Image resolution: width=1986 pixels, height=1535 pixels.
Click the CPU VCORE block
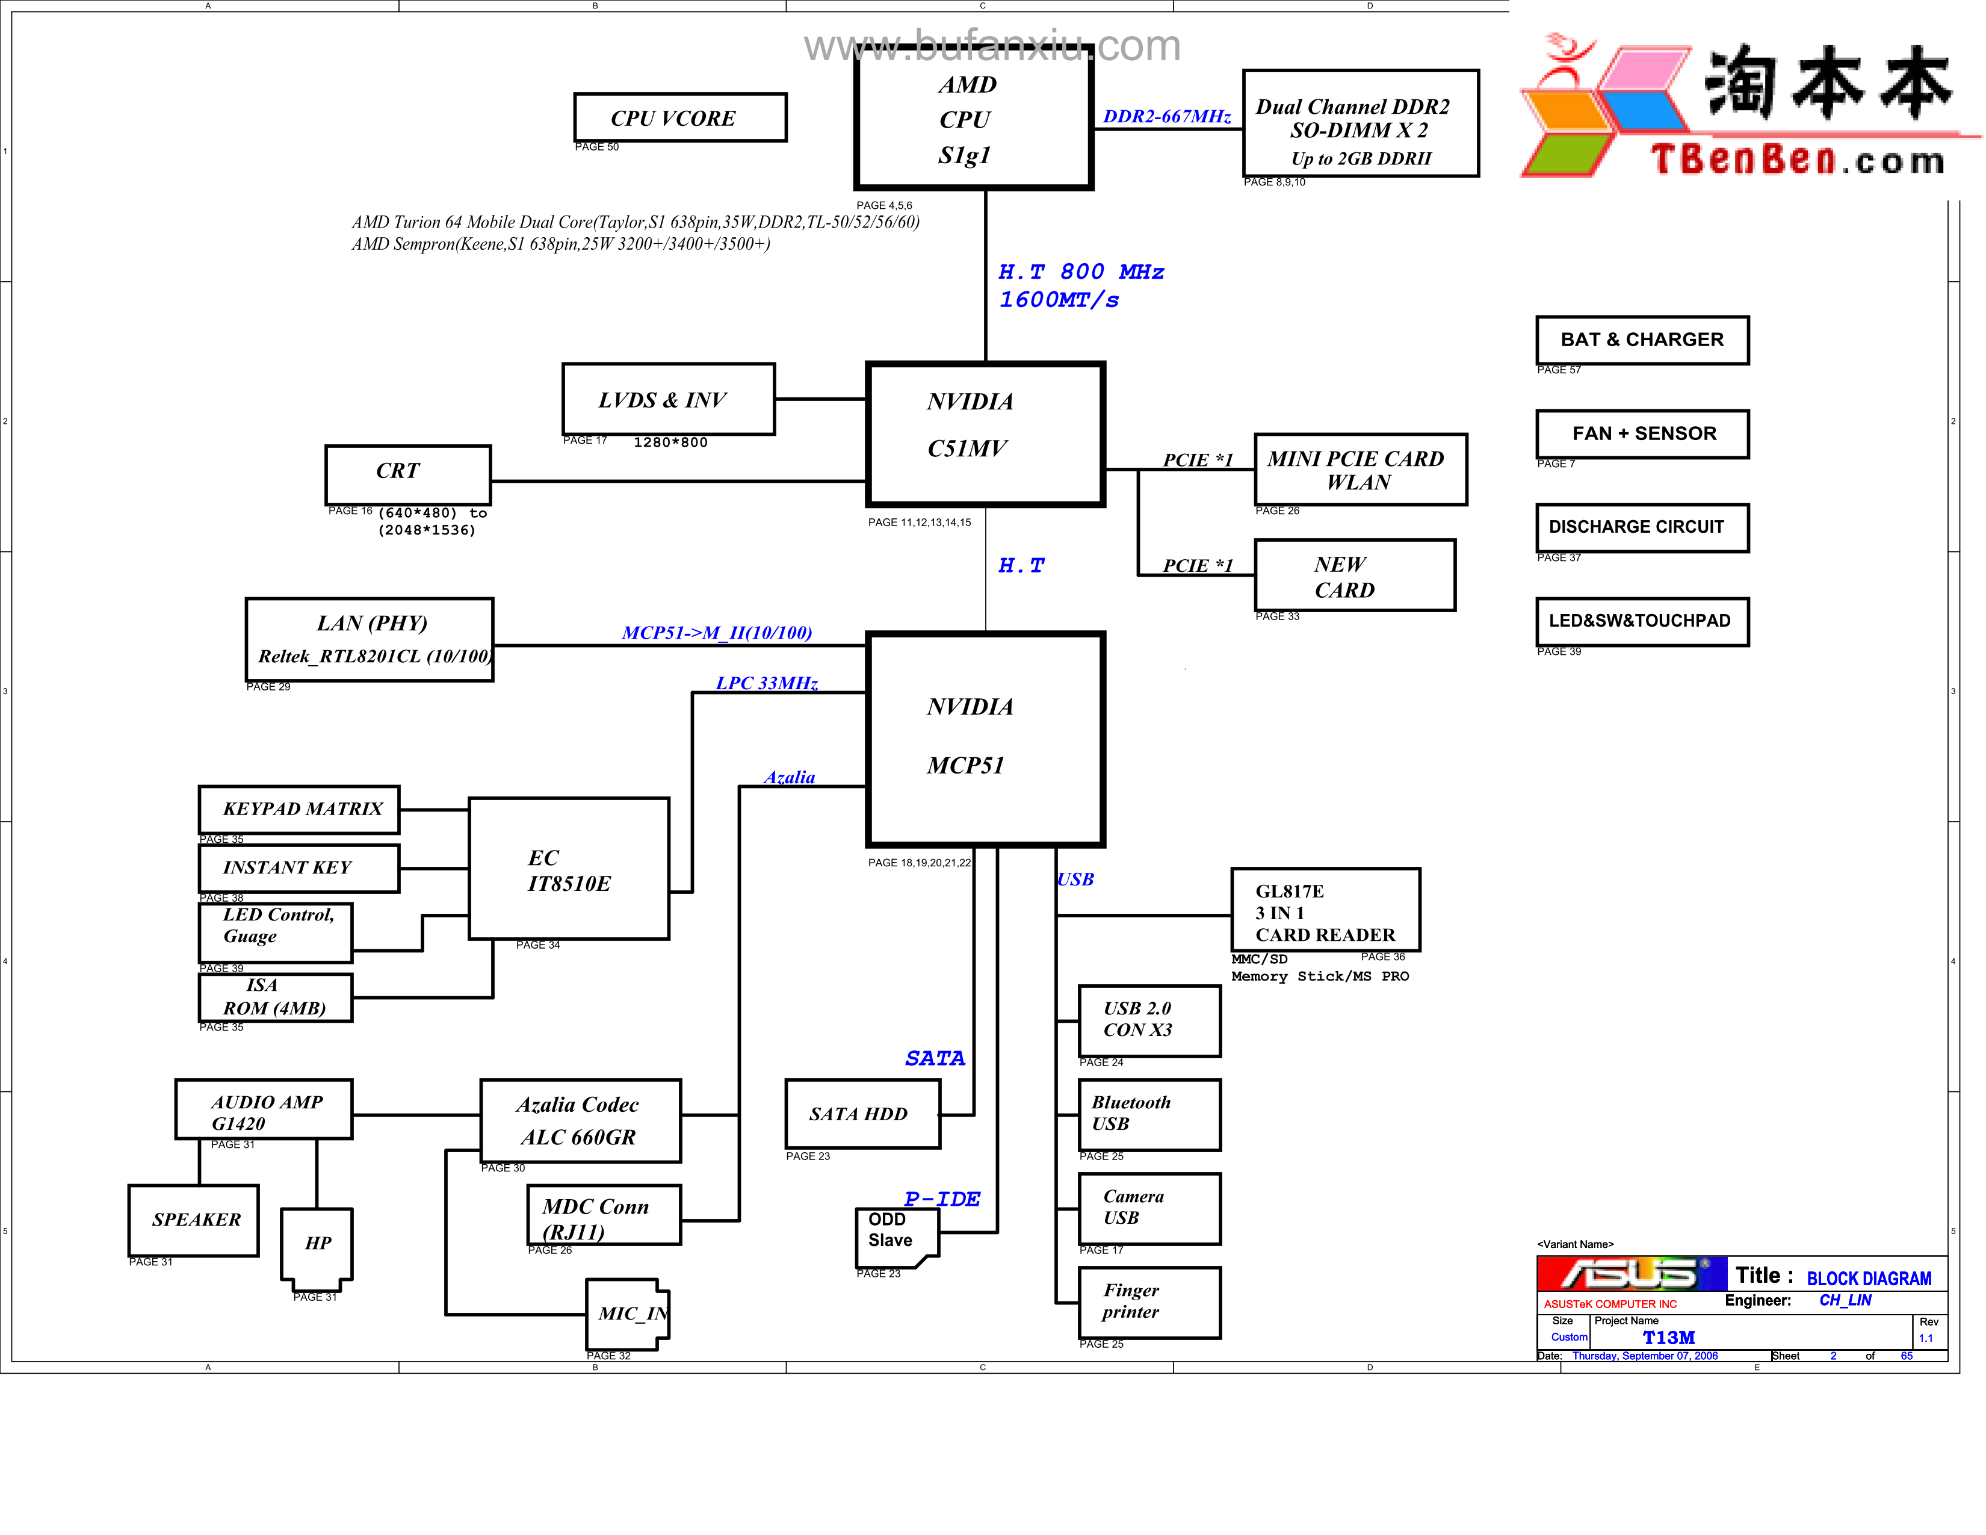point(679,117)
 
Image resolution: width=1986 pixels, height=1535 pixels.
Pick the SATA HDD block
point(861,1114)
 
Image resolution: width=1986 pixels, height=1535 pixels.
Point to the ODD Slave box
point(896,1235)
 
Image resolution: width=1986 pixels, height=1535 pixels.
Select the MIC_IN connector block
point(628,1314)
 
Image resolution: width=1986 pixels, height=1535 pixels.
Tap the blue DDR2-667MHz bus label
point(1167,116)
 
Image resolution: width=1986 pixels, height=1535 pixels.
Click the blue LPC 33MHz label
point(767,683)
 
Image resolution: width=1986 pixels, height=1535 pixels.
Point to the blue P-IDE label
point(942,1199)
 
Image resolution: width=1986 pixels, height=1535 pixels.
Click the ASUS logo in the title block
point(1630,1274)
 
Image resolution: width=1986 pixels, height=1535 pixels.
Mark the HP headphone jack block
point(317,1244)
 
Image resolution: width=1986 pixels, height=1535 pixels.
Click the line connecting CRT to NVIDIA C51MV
point(678,481)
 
